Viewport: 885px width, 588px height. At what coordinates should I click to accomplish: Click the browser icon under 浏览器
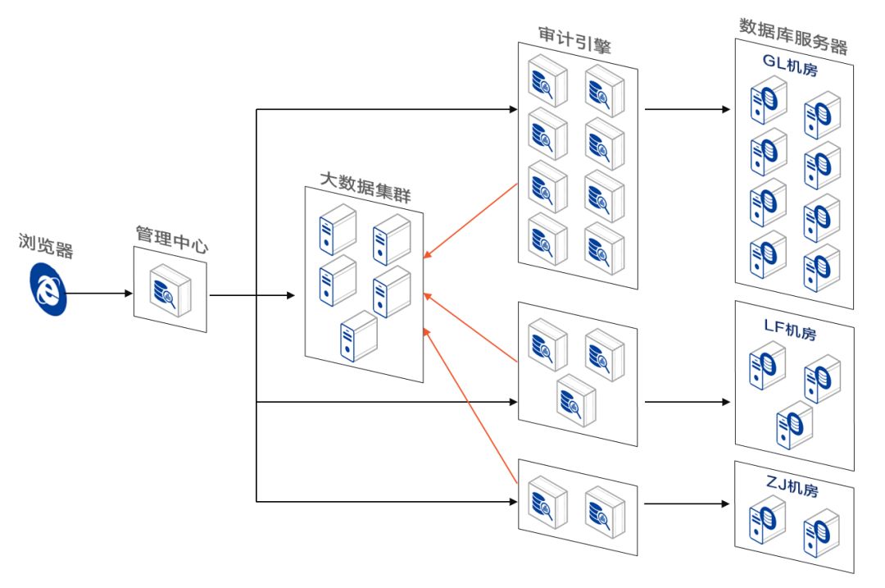coord(49,289)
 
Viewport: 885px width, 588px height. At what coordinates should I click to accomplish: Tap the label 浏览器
coord(46,244)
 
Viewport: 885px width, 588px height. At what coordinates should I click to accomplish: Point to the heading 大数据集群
coord(365,177)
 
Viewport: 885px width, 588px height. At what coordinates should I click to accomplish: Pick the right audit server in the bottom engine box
coord(605,508)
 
